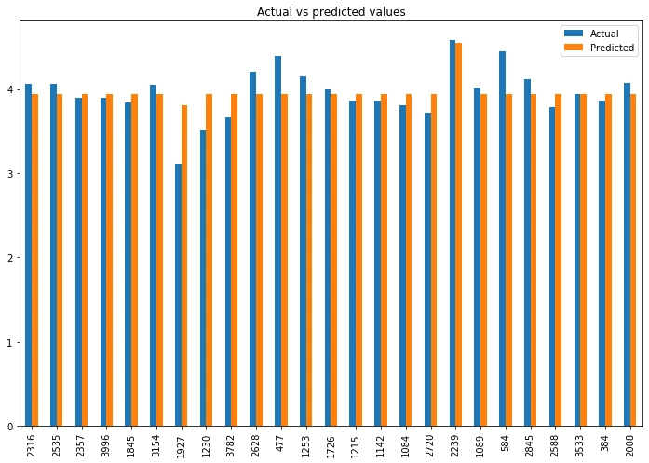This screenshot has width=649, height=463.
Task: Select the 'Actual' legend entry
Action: (x=603, y=34)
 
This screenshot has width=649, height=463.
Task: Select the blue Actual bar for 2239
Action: (x=453, y=233)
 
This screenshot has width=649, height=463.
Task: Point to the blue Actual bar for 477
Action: (x=277, y=241)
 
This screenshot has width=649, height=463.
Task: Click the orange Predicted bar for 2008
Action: (x=633, y=260)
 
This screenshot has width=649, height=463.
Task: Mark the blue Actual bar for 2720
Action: (x=427, y=269)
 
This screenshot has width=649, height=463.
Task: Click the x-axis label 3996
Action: (x=106, y=444)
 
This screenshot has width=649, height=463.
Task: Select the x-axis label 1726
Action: (x=331, y=444)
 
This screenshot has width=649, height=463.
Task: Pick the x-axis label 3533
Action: (x=580, y=444)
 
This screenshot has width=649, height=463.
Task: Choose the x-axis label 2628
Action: (x=256, y=444)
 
